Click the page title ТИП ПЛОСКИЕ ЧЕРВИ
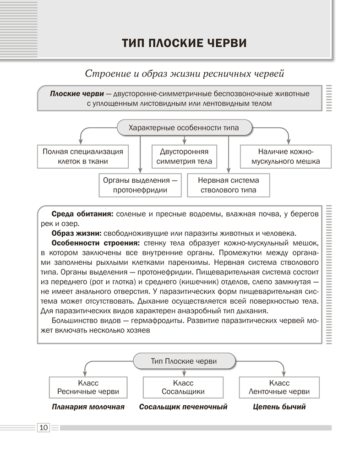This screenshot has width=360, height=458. [x=184, y=44]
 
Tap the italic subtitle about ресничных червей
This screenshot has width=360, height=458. [x=185, y=73]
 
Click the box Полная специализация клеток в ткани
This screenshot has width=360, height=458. [x=83, y=157]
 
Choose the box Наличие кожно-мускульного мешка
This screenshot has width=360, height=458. [x=286, y=157]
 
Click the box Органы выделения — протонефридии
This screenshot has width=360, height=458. [x=140, y=185]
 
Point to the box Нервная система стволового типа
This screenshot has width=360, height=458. [x=229, y=185]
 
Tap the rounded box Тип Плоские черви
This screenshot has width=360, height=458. [x=184, y=361]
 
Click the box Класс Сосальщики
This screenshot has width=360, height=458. [x=183, y=387]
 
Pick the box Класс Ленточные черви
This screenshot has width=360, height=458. [x=279, y=387]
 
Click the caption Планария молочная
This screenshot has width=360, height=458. [x=88, y=407]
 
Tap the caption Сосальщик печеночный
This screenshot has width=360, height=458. [x=183, y=407]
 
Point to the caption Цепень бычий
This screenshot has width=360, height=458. [x=279, y=407]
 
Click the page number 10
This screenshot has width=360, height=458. [x=44, y=428]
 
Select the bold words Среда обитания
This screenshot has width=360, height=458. [x=82, y=214]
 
